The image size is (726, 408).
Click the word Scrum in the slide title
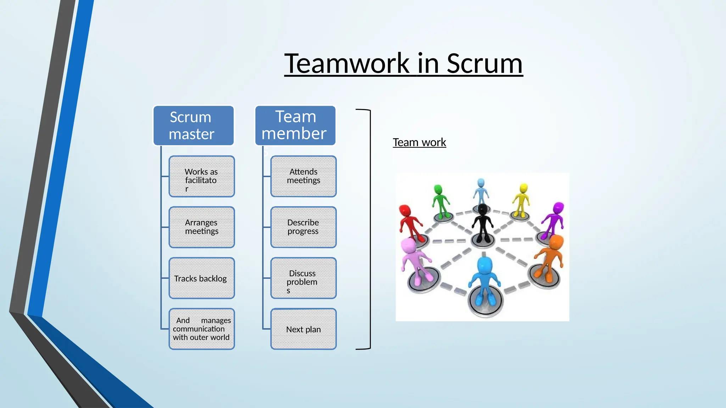484,64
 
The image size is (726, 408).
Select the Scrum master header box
193,125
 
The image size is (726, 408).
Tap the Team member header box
295,125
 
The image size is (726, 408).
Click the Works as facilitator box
201,176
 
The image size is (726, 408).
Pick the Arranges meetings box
201,227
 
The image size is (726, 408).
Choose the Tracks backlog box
201,278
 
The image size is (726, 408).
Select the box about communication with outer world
201,329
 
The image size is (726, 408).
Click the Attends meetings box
303,176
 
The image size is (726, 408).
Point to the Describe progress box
303,227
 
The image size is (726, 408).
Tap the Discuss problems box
303,278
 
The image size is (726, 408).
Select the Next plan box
303,329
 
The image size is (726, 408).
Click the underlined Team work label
419,142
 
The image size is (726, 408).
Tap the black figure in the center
482,223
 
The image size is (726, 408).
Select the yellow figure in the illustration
521,200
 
